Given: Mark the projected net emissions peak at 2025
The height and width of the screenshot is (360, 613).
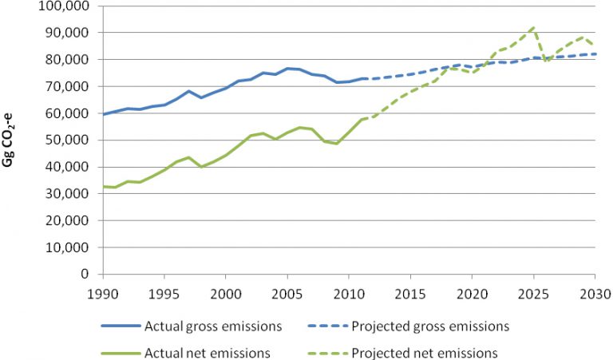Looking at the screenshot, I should [x=532, y=27].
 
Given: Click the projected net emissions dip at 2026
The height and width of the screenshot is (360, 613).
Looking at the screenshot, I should [x=546, y=61].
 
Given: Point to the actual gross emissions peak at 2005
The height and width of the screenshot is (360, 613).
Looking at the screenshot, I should [x=287, y=69].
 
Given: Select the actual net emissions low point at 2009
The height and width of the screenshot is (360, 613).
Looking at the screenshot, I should [x=336, y=143].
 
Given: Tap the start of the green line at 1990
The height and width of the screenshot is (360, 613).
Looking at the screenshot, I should [x=103, y=186].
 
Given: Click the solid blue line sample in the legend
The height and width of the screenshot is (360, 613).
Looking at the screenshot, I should [x=121, y=326].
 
